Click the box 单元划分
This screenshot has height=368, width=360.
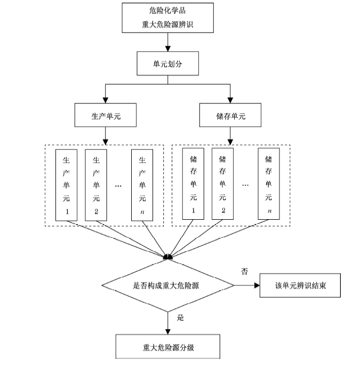(x=168, y=64)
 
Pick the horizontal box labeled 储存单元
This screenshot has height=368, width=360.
(x=230, y=116)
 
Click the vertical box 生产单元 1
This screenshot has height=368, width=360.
(x=67, y=184)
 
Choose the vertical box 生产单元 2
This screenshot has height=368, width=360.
(x=97, y=184)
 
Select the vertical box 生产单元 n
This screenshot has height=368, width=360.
(x=142, y=184)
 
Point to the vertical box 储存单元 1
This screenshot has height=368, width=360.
(x=193, y=184)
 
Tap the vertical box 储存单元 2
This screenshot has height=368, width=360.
(x=223, y=184)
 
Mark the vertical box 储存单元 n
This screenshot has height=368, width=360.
(x=269, y=184)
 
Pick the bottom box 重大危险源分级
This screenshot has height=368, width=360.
(x=168, y=348)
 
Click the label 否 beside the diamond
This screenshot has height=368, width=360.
(x=244, y=271)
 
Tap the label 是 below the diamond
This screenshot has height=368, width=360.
(x=180, y=318)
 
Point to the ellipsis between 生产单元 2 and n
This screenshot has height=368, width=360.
(x=119, y=185)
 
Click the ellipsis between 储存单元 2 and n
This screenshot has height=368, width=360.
(x=246, y=185)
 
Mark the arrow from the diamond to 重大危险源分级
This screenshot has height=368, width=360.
(x=168, y=323)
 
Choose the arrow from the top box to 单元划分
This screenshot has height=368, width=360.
(x=168, y=42)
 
